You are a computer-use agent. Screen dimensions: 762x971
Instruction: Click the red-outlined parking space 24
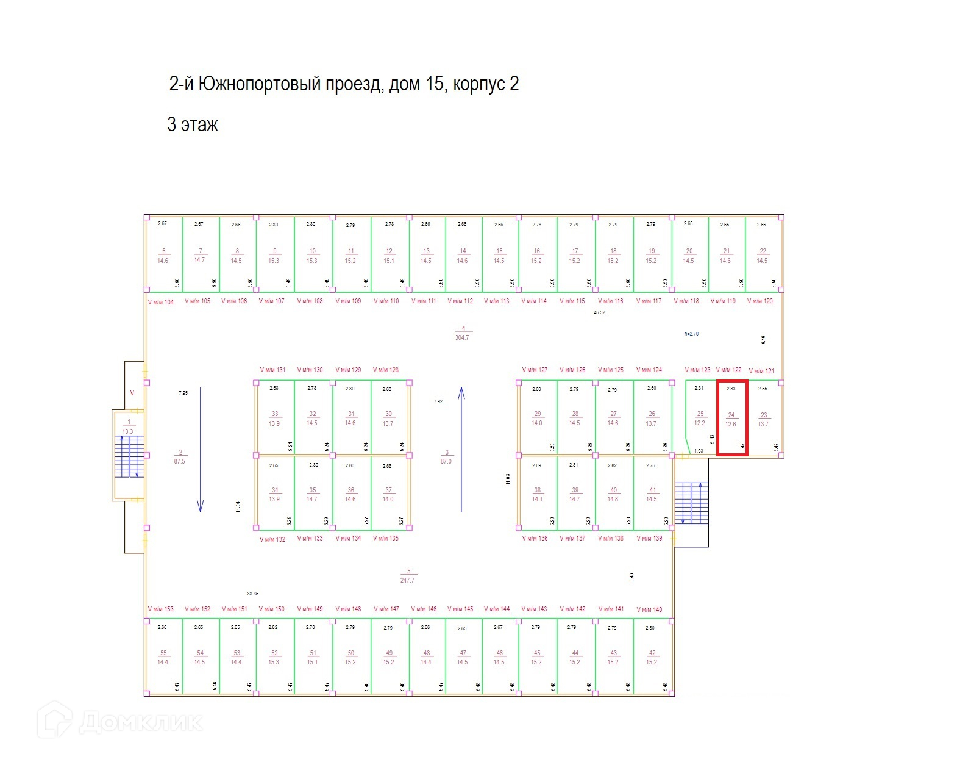pyautogui.click(x=731, y=419)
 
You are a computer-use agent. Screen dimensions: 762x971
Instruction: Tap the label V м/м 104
pyautogui.click(x=161, y=302)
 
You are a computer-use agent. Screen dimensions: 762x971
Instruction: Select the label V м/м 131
pyautogui.click(x=272, y=370)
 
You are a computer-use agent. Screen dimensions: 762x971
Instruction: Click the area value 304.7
pyautogui.click(x=462, y=337)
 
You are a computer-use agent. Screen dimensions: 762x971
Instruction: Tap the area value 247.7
pyautogui.click(x=407, y=580)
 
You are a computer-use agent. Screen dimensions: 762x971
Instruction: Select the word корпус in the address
pyautogui.click(x=479, y=84)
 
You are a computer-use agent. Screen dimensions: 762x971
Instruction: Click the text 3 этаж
pyautogui.click(x=193, y=124)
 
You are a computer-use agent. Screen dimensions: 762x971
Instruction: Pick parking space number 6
pyautogui.click(x=163, y=255)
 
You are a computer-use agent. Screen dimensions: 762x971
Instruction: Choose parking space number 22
pyautogui.click(x=763, y=255)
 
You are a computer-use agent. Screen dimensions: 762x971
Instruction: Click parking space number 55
pyautogui.click(x=163, y=657)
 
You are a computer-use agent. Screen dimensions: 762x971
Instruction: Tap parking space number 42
pyautogui.click(x=652, y=657)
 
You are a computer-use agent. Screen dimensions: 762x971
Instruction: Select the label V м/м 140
pyautogui.click(x=649, y=609)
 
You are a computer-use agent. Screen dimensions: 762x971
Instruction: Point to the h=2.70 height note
pyautogui.click(x=692, y=334)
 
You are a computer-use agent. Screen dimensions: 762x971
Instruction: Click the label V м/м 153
pyautogui.click(x=161, y=609)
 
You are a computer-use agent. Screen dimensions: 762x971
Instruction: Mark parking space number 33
pyautogui.click(x=275, y=418)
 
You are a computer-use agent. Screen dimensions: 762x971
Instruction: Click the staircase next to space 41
pyautogui.click(x=692, y=503)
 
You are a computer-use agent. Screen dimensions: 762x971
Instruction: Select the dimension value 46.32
pyautogui.click(x=599, y=312)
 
